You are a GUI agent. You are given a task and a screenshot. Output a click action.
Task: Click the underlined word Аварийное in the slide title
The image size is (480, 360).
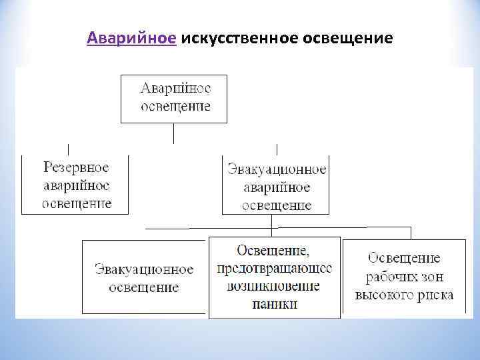(131, 38)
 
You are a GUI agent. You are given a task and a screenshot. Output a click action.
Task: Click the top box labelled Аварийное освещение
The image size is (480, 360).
(174, 98)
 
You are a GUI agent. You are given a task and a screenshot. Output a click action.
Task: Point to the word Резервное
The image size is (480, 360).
(76, 167)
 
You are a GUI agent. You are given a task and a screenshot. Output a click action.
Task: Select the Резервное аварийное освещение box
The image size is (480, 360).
(75, 185)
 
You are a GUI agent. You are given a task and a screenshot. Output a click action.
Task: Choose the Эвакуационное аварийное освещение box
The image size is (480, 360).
(276, 185)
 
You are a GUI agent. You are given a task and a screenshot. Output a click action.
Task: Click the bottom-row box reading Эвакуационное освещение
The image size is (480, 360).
(143, 277)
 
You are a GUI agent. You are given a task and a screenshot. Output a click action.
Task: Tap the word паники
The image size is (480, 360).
(275, 304)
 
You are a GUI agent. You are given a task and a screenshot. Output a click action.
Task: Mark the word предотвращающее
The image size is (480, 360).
(275, 268)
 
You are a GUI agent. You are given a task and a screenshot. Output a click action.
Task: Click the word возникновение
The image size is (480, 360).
(275, 286)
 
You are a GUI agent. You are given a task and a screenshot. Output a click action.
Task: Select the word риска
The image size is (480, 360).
(436, 294)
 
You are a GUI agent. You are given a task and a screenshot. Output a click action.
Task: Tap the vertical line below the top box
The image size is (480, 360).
(174, 133)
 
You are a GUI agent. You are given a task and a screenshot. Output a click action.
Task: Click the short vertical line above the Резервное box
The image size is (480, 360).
(68, 149)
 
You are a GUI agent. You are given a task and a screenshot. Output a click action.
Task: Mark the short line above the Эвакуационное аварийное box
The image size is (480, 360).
(277, 149)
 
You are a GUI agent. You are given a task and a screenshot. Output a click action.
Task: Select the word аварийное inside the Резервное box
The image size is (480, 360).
(76, 185)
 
